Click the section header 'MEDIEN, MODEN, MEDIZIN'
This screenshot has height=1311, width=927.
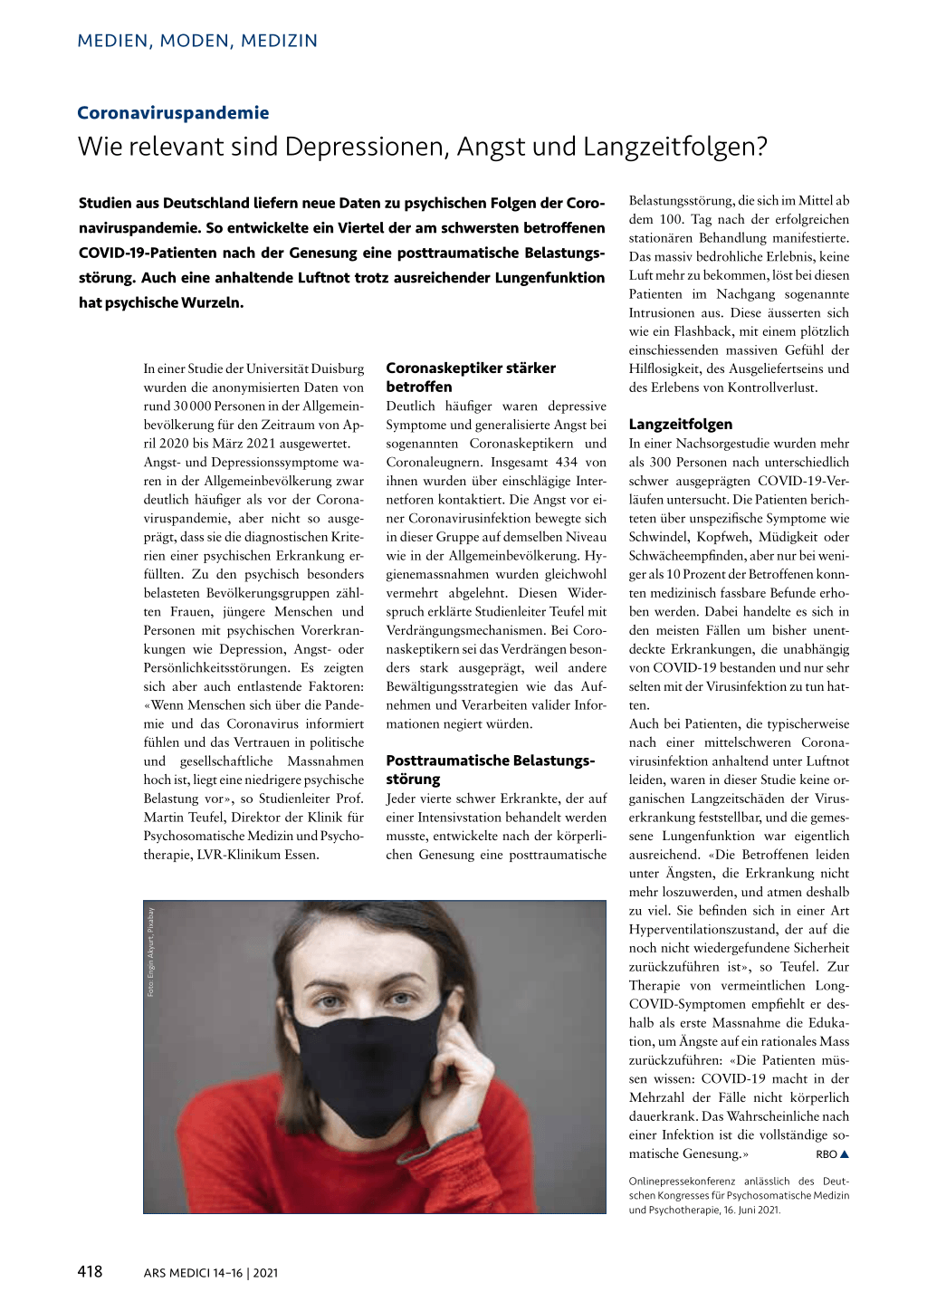[x=197, y=41]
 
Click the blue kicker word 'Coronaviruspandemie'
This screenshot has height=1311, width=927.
[x=173, y=113]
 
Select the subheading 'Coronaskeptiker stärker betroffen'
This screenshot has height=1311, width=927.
[x=471, y=378]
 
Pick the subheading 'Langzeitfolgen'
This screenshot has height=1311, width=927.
[x=681, y=424]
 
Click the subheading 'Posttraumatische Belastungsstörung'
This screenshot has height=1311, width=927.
[x=490, y=770]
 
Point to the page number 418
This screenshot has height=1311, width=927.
[x=91, y=1271]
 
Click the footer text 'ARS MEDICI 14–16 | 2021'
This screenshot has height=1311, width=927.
[x=211, y=1273]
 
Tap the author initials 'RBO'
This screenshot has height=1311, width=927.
[x=826, y=1154]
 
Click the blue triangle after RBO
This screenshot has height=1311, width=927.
[x=845, y=1154]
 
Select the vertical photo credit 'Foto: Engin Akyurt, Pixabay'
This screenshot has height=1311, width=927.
[x=151, y=952]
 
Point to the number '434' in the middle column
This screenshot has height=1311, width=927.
[x=567, y=462]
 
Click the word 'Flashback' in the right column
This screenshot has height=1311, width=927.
[x=702, y=331]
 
